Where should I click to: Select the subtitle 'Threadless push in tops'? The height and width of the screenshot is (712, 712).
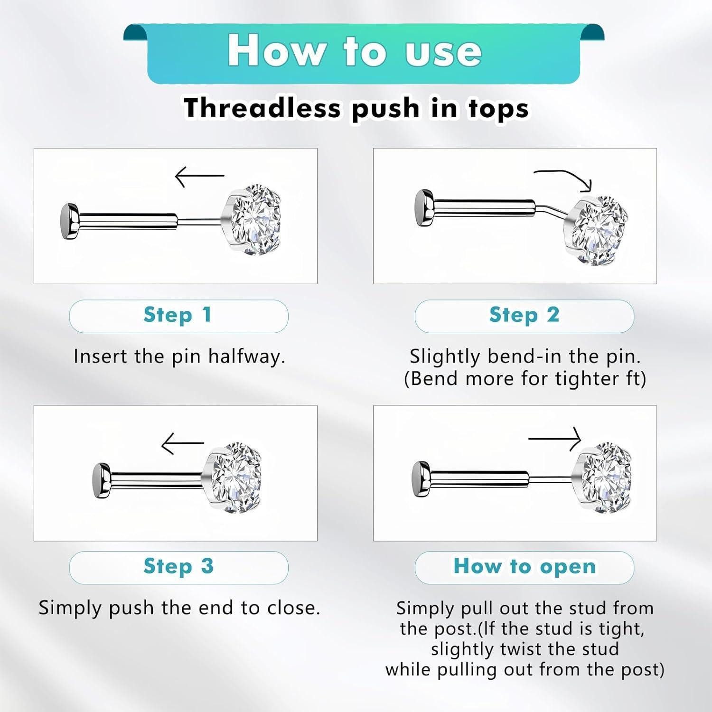click(356, 108)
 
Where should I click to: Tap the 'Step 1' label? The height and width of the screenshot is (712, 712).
click(178, 315)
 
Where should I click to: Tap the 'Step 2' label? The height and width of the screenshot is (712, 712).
click(524, 315)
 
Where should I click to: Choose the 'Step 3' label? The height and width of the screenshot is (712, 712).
click(178, 566)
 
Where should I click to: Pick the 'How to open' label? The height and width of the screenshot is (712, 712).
click(525, 566)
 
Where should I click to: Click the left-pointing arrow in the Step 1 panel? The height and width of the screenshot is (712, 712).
click(199, 176)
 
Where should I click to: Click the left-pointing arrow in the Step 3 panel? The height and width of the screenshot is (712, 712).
click(182, 443)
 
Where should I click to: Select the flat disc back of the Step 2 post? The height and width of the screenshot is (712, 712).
click(424, 208)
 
